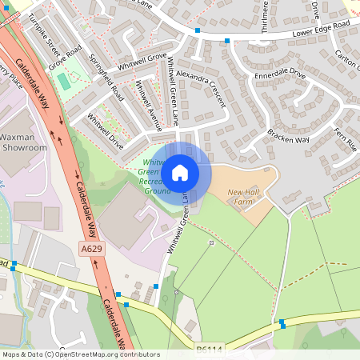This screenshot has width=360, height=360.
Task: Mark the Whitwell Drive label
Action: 106,132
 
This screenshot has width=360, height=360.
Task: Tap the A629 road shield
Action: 90,250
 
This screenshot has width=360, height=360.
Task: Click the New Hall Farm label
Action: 246,197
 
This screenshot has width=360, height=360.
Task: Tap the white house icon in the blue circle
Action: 180,172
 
